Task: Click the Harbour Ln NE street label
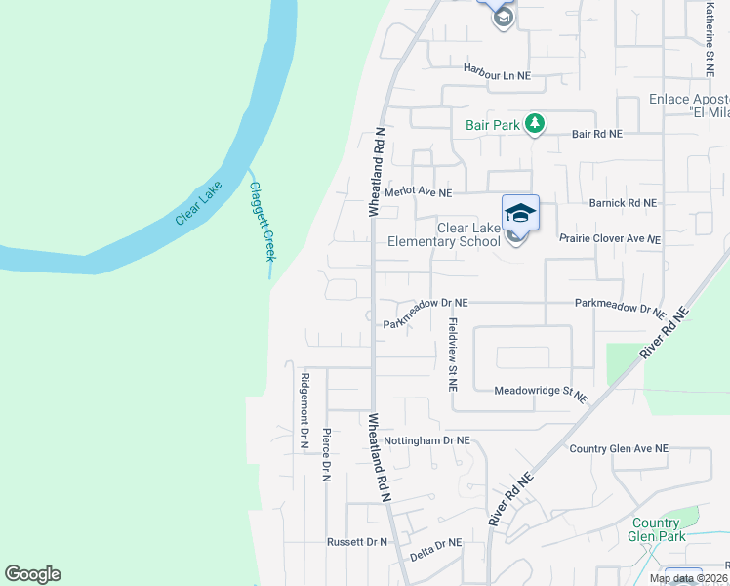pos(497,74)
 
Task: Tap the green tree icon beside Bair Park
pos(534,124)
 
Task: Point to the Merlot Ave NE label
pos(418,192)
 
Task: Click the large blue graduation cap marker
pos(520,213)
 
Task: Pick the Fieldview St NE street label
pos(452,354)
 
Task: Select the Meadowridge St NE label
pos(541,393)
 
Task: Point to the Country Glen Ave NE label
pos(619,448)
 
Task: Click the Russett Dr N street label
pos(357,541)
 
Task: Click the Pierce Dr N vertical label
pos(327,455)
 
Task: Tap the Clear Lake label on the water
pos(199,203)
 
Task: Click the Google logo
pos(32,574)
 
